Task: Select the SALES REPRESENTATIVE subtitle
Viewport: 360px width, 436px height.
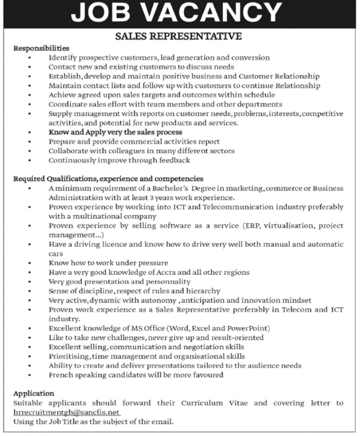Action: click(178, 37)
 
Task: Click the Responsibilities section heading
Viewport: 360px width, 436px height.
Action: click(41, 49)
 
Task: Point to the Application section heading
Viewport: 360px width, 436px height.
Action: click(33, 393)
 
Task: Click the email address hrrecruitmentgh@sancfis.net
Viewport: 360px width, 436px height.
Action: click(67, 412)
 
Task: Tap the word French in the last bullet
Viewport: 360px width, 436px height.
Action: click(60, 374)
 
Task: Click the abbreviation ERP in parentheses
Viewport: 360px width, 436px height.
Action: click(251, 226)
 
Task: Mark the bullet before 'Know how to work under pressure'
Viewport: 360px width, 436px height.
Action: click(30, 263)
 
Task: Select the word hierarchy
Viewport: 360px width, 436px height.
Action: click(202, 291)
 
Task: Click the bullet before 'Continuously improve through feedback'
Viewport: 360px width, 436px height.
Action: click(30, 161)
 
